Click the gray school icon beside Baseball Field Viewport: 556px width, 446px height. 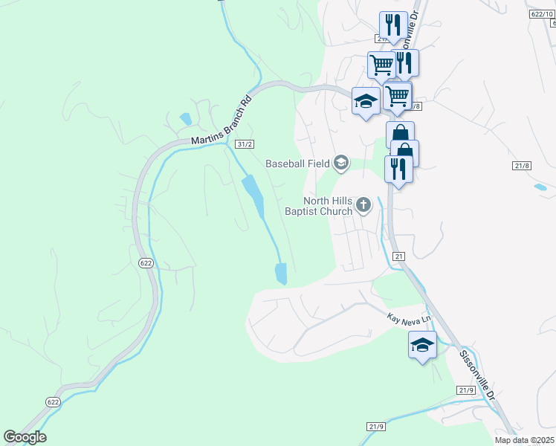coord(341,163)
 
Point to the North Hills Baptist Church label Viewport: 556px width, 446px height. coord(317,206)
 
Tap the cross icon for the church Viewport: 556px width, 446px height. coord(363,204)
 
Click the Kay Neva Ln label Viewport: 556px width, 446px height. coord(409,318)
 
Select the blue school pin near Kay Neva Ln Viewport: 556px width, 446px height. coord(422,345)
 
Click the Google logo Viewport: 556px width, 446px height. coord(25,437)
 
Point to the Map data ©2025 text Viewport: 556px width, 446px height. coord(524,441)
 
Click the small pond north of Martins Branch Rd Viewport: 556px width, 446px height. coord(184,119)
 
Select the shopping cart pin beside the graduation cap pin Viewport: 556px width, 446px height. coord(398,94)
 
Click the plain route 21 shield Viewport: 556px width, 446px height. coord(399,256)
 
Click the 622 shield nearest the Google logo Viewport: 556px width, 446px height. coord(53,402)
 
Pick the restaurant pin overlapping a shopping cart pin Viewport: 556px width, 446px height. coord(405,62)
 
